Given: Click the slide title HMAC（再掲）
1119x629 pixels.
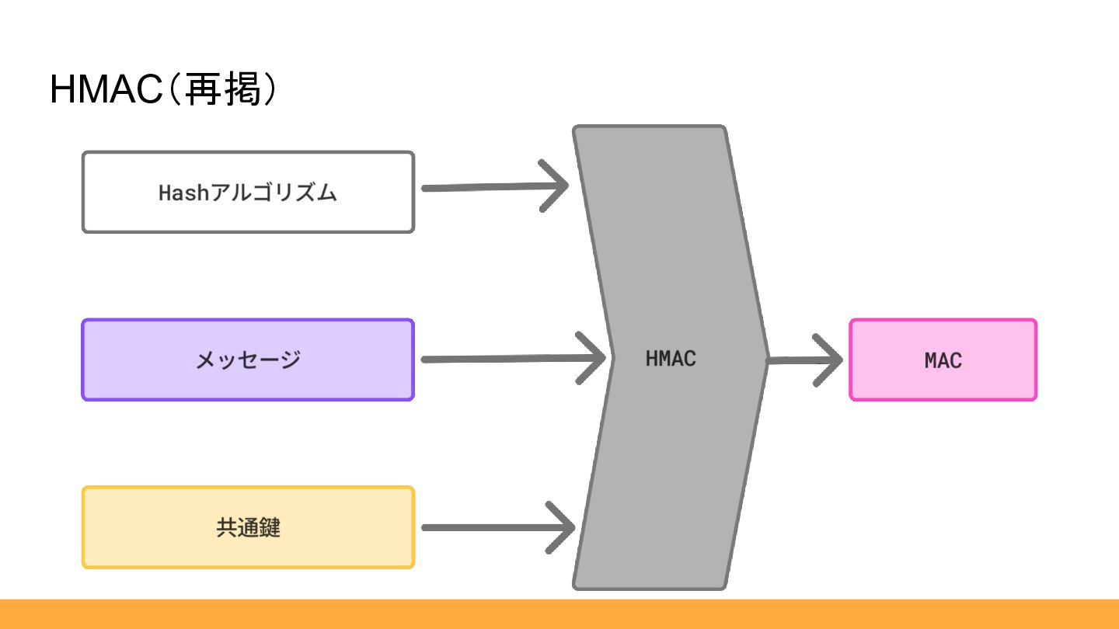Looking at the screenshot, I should point(163,91).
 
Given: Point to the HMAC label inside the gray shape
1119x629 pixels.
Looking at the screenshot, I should point(671,359).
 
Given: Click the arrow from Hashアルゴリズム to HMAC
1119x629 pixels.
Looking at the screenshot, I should point(490,187).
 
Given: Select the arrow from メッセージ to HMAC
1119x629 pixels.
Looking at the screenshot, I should point(505,359).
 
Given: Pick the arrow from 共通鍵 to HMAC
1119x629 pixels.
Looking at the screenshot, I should point(490,528).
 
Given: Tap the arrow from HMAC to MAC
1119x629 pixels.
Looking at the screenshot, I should point(800,360).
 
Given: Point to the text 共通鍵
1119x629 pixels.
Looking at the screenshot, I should point(248,528).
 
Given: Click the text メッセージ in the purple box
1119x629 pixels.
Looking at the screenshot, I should point(248,360).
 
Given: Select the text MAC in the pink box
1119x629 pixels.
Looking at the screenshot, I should point(943,360).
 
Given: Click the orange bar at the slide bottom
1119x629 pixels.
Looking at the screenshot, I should point(559,614).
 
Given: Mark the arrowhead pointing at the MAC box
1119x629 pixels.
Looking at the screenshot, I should point(831,360).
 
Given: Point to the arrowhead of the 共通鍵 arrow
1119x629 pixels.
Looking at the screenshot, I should point(566,528).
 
